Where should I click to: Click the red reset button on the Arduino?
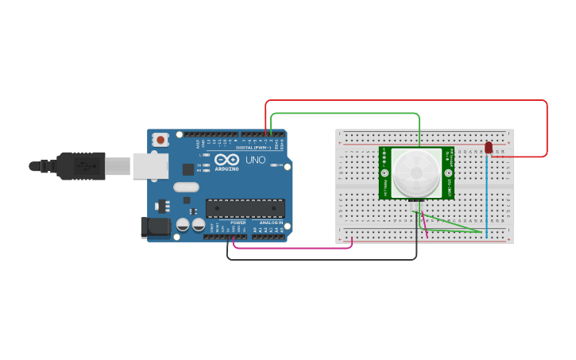(x=160, y=140)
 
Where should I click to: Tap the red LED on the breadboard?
(x=489, y=148)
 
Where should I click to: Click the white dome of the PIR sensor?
(x=416, y=172)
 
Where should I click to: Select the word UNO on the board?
(x=256, y=161)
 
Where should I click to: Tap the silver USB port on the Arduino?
(x=150, y=166)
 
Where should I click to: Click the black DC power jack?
(x=156, y=227)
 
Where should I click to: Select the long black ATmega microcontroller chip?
(x=245, y=208)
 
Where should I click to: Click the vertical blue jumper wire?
(x=487, y=195)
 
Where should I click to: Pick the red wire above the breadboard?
(x=405, y=101)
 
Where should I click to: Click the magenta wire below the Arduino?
(x=294, y=248)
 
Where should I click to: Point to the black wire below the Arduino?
(x=318, y=259)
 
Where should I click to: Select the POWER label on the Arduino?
(x=238, y=223)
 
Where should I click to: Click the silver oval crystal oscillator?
(x=185, y=188)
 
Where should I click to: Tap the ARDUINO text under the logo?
(x=226, y=168)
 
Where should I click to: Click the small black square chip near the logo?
(x=188, y=168)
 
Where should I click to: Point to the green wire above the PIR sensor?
(x=342, y=114)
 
